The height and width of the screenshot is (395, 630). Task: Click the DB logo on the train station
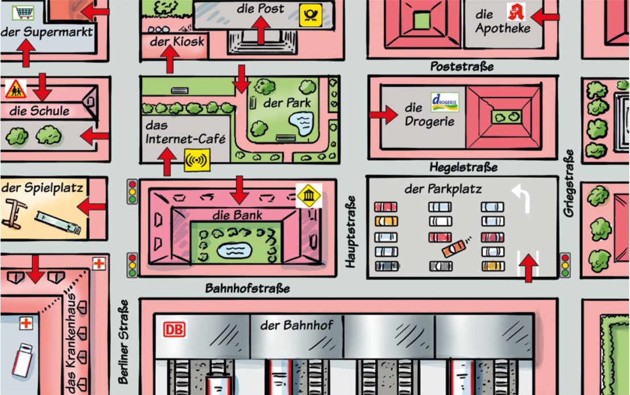pos(175,330)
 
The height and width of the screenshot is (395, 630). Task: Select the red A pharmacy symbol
pos(516,11)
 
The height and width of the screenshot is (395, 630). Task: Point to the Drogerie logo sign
pos(445,102)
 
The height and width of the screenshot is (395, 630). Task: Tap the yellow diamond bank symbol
pos(309,196)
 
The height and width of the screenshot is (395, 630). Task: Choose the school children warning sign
pos(16,88)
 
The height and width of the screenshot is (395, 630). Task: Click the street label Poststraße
pos(462,66)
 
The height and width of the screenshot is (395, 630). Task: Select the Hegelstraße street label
pos(463,167)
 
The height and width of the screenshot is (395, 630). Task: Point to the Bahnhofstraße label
pos(248,289)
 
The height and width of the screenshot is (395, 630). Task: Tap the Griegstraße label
pos(569,182)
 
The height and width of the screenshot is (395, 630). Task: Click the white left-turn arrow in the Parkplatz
pos(523,198)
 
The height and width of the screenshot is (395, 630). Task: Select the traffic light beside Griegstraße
pos(565,265)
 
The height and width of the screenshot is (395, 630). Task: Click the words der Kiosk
pos(177,41)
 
